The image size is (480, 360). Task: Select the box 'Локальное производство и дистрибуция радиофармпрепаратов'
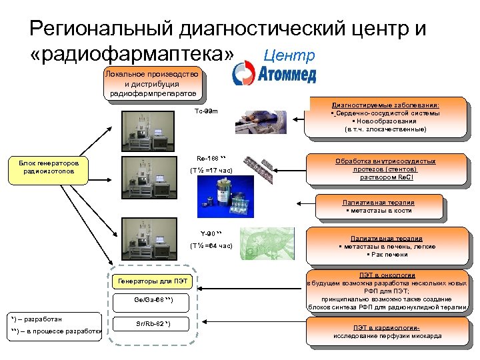click(152, 84)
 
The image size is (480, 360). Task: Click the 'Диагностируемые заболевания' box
click(385, 117)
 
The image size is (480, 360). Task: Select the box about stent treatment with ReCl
click(385, 169)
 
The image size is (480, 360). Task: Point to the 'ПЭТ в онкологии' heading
click(387, 275)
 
